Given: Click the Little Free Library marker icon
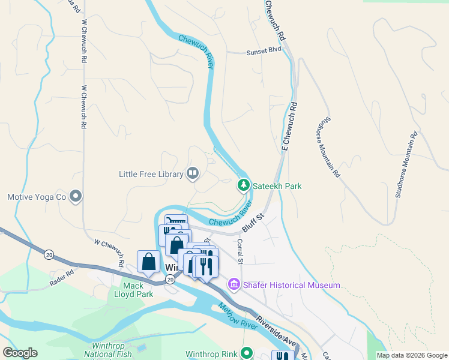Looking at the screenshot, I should tap(193, 174).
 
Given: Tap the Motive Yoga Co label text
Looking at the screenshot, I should tap(36, 197).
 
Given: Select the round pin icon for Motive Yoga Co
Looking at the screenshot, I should tap(76, 196).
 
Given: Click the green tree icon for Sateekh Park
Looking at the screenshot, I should tap(243, 185).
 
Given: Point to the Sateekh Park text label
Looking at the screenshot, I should tap(277, 186).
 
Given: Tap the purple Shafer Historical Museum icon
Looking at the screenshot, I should tap(233, 285).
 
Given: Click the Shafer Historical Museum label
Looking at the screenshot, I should tap(291, 286).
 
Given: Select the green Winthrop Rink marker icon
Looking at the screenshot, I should tap(246, 353).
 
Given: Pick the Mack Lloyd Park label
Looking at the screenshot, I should tap(133, 290).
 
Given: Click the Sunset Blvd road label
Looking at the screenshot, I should tap(264, 52).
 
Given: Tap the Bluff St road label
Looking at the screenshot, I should tap(253, 222).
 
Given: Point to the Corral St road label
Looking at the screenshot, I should tap(240, 251).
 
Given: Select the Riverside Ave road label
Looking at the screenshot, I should tap(276, 330).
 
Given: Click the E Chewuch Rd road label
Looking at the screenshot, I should tap(289, 125).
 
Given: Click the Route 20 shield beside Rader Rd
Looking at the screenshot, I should tap(49, 255).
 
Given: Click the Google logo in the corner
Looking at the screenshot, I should tap(20, 353).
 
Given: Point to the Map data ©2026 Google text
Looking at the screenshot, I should tap(411, 355).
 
